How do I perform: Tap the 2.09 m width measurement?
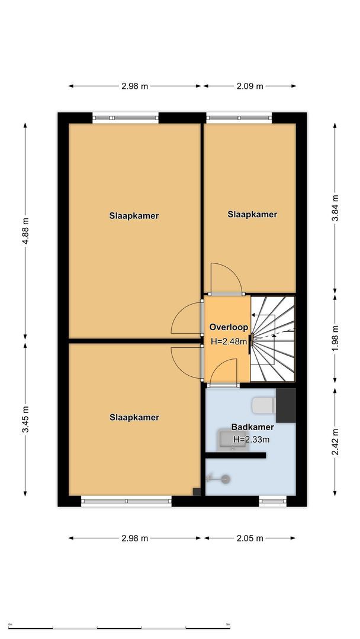(249, 86)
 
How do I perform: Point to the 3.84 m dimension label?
(335, 208)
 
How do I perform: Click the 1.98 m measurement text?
(335, 338)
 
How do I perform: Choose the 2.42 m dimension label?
(335, 441)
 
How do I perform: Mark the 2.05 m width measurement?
(249, 538)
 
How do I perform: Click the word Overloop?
(229, 327)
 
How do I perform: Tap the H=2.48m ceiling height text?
(229, 341)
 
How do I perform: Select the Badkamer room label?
(252, 427)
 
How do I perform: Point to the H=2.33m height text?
(252, 440)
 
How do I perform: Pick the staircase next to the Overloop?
(273, 339)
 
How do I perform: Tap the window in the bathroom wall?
(273, 502)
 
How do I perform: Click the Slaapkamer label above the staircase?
(252, 215)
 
